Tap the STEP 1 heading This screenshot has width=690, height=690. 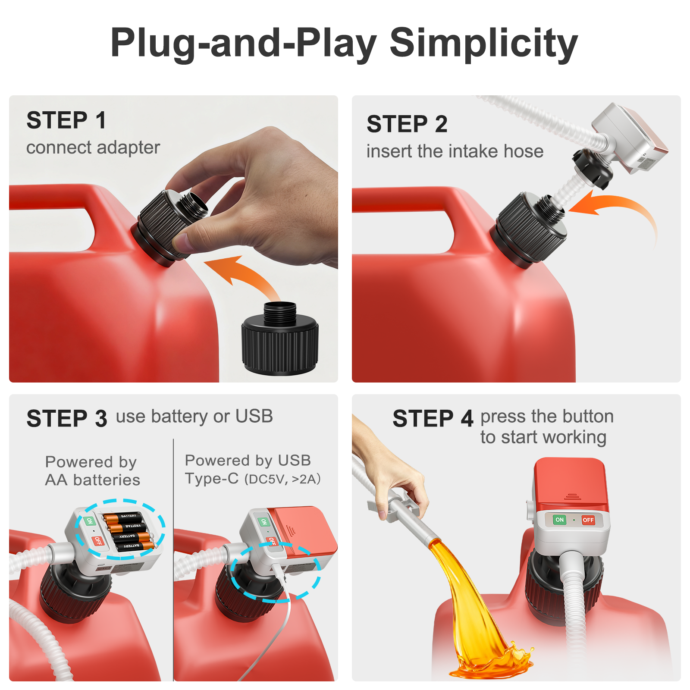66,120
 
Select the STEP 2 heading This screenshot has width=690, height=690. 407,124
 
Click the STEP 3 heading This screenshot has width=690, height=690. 67,419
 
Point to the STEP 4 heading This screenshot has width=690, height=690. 433,419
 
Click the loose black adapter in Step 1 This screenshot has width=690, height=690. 280,339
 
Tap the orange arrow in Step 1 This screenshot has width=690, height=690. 244,276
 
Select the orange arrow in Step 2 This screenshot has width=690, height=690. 612,216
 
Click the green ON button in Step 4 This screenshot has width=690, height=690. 560,520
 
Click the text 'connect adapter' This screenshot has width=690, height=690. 93,147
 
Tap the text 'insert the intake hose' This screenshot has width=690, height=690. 455,151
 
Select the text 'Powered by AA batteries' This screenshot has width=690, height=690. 92,471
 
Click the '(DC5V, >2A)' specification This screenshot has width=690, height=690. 283,479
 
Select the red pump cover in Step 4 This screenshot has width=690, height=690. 571,485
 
